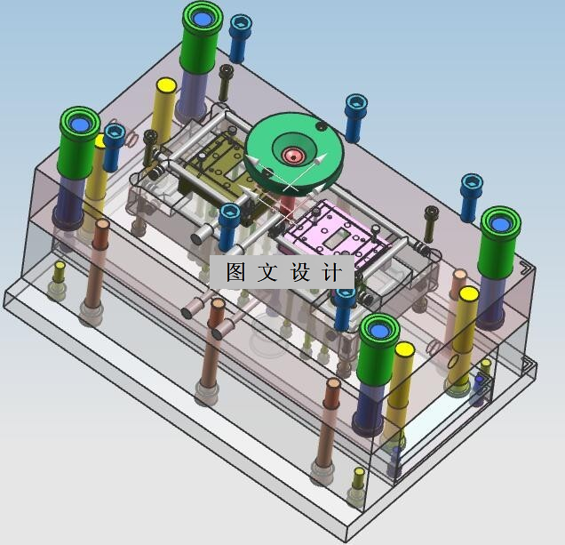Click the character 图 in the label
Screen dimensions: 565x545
[236, 272]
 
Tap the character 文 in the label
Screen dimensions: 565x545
[267, 272]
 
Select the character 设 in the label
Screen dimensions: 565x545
[300, 272]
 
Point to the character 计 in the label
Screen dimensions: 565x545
[331, 272]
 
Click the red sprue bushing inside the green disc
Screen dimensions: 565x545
[294, 156]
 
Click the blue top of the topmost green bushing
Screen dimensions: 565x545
[203, 19]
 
